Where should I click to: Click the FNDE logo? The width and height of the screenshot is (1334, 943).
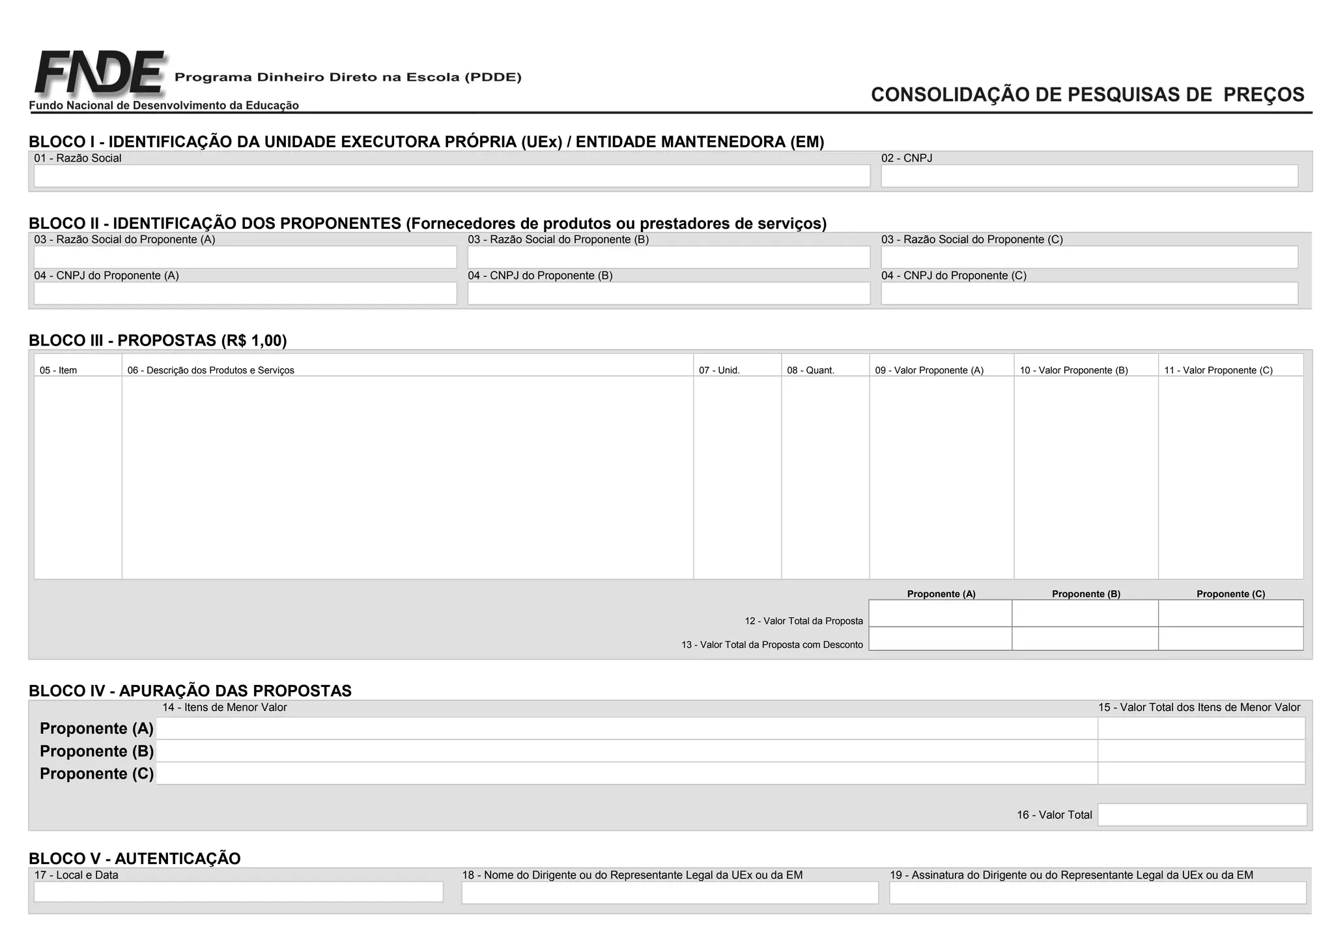[x=99, y=73]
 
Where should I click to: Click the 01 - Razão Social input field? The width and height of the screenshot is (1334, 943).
[x=451, y=176]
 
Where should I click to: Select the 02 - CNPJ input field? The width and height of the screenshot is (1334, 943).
[x=1089, y=176]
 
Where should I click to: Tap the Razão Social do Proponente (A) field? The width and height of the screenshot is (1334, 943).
[x=245, y=257]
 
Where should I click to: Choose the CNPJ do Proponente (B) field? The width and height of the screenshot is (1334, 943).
[x=668, y=293]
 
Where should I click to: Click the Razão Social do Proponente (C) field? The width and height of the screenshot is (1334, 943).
[x=1089, y=257]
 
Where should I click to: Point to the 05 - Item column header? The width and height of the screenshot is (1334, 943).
[x=58, y=370]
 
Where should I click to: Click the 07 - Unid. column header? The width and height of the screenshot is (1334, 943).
[x=719, y=370]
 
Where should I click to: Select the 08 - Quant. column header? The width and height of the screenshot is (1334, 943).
[x=810, y=370]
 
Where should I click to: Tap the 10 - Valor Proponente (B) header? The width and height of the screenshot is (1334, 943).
[x=1073, y=370]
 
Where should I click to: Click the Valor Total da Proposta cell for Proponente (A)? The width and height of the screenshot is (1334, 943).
[x=940, y=613]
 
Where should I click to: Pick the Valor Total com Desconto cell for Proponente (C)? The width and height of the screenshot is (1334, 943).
[x=1230, y=639]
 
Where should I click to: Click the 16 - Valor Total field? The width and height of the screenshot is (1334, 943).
[x=1202, y=815]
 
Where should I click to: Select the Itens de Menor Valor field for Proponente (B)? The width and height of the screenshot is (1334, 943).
[x=627, y=751]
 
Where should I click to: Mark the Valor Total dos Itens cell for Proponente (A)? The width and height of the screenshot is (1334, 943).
[x=1201, y=728]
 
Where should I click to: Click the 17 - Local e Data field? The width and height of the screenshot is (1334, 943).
[x=238, y=892]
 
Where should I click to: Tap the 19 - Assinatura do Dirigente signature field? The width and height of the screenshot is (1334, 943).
[x=1098, y=893]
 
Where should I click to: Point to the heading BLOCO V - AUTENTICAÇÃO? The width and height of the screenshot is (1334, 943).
[x=135, y=858]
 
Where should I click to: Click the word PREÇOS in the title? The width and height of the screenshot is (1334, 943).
[x=1264, y=95]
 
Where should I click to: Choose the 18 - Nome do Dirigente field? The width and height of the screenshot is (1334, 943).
[x=670, y=893]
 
